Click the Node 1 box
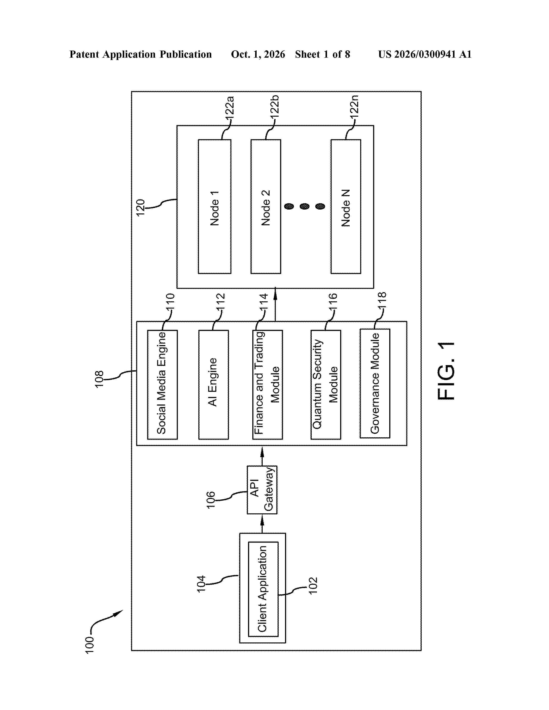pyautogui.click(x=215, y=206)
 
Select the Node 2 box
pyautogui.click(x=266, y=206)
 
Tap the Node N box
pyautogui.click(x=346, y=206)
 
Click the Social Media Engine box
pyautogui.click(x=162, y=385)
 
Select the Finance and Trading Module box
pyautogui.click(x=268, y=385)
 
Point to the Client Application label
pyautogui.click(x=262, y=589)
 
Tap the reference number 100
pyautogui.click(x=89, y=645)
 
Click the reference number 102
pyautogui.click(x=313, y=586)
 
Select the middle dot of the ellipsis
pyautogui.click(x=304, y=206)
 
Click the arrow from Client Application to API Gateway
pyautogui.click(x=262, y=524)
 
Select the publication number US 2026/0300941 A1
pyautogui.click(x=425, y=54)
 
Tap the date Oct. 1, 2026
pyautogui.click(x=258, y=54)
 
